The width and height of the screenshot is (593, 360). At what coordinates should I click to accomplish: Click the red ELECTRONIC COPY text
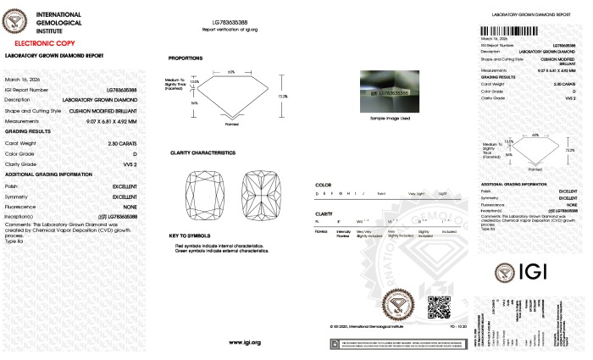[40, 41]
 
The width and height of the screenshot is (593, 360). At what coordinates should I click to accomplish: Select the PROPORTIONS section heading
[185, 58]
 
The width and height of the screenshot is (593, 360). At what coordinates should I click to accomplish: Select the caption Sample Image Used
[389, 118]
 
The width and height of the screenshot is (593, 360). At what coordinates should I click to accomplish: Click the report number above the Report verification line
[244, 21]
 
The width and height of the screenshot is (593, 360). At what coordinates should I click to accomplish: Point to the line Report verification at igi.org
[244, 29]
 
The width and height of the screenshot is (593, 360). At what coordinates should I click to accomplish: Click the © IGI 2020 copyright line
[366, 325]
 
